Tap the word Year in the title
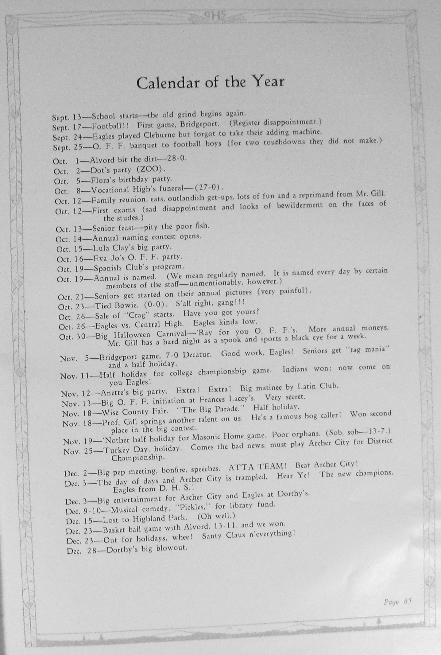point(268,81)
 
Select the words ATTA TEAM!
point(257,466)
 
